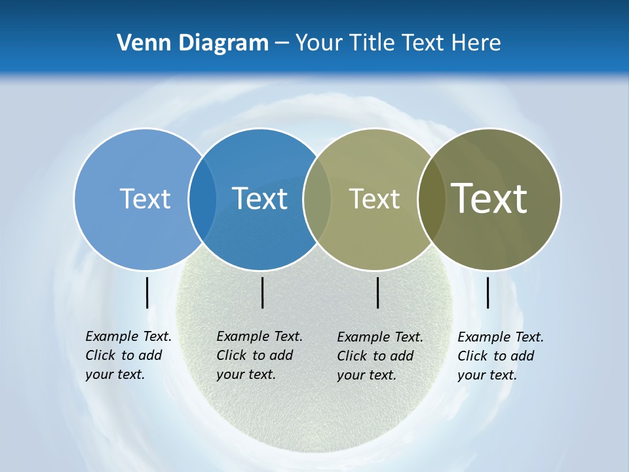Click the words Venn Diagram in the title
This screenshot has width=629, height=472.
coord(193,43)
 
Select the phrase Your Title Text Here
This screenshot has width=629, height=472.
coord(398,43)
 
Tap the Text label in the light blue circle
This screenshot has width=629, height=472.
coord(145,199)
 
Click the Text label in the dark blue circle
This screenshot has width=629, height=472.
coord(259,199)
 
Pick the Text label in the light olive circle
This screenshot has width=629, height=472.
coord(374,199)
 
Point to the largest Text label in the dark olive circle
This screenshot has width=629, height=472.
coord(489,198)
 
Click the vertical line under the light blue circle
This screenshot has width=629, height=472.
coord(147,292)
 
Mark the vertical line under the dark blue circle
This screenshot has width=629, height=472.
coord(262,292)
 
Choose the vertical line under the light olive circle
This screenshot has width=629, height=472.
coord(377,292)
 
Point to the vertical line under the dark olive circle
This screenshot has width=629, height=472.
coord(487,292)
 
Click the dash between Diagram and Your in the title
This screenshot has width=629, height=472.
coord(281,43)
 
